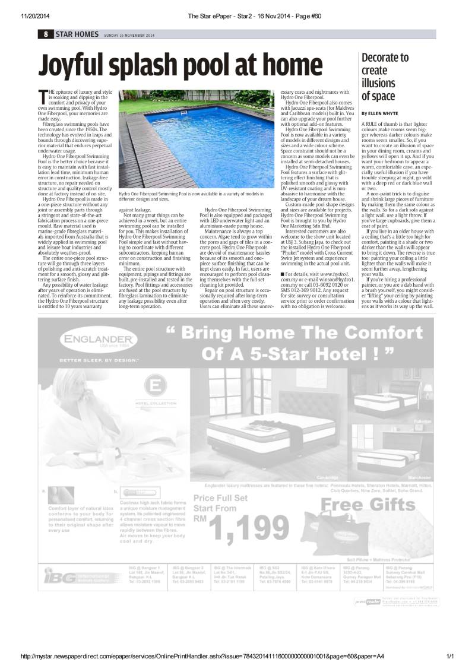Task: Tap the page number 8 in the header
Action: click(x=45, y=34)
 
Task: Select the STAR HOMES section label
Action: click(x=77, y=34)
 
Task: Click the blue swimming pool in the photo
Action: click(x=208, y=131)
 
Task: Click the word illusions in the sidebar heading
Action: click(x=378, y=83)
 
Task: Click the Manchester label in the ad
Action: click(x=419, y=477)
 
